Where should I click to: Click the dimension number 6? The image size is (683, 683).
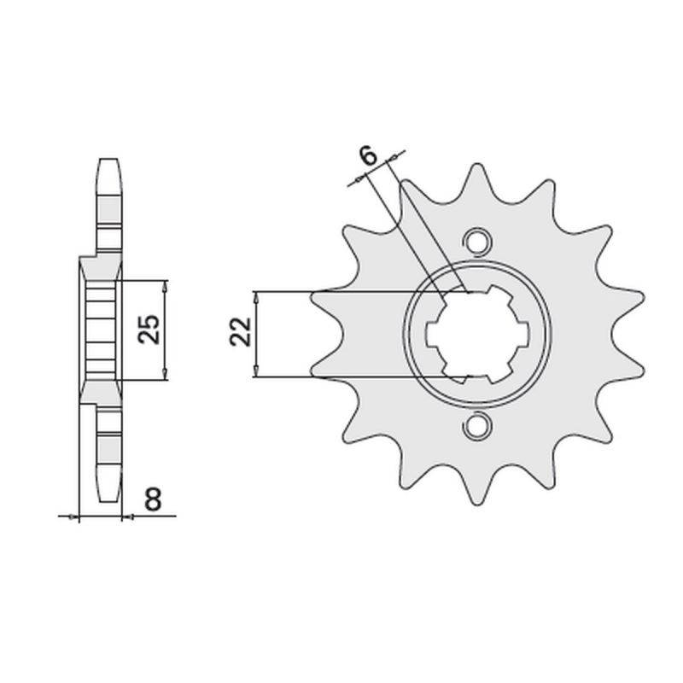tap(369, 155)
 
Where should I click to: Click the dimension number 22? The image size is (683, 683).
tap(241, 332)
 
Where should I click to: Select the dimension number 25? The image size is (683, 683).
tap(149, 329)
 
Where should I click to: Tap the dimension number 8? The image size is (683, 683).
tap(153, 499)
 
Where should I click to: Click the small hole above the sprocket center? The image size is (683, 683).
tap(477, 240)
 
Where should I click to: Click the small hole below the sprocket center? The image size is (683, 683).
tap(477, 425)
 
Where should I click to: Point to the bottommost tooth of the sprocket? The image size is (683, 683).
tap(478, 487)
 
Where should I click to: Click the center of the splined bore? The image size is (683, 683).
tap(477, 333)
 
